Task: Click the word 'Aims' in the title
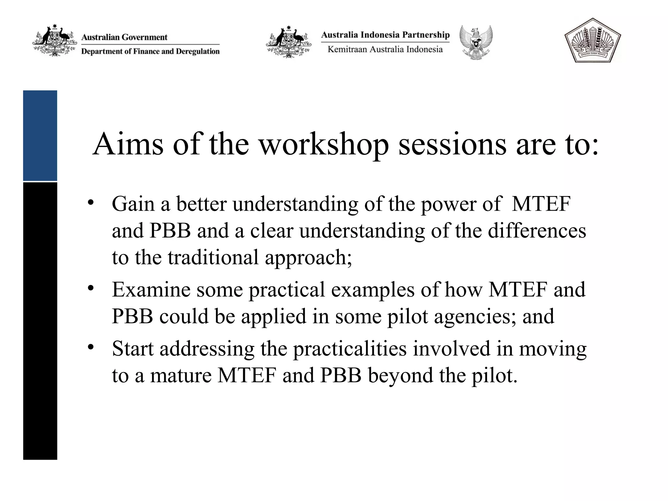(128, 144)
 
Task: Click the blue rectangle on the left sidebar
(40, 135)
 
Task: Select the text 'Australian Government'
(124, 37)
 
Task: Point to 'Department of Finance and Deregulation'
(150, 52)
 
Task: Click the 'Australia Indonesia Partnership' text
(385, 35)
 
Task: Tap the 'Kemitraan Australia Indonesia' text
(385, 50)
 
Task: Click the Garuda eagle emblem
(476, 42)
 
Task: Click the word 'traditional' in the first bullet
(213, 258)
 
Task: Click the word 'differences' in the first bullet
(537, 231)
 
